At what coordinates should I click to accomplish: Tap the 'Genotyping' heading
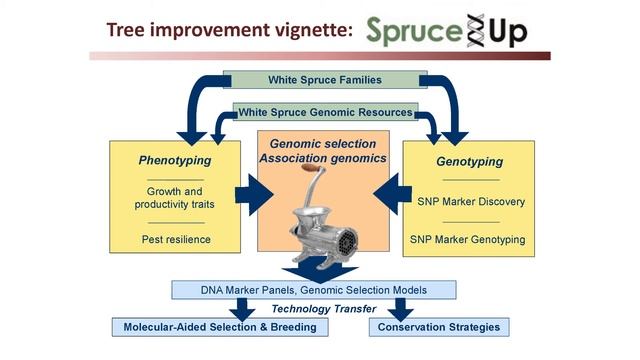click(469, 160)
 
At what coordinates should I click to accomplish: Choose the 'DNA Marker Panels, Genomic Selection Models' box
click(313, 290)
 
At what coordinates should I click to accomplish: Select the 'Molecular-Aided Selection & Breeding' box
click(219, 327)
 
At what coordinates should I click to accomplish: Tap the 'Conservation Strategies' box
click(433, 327)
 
